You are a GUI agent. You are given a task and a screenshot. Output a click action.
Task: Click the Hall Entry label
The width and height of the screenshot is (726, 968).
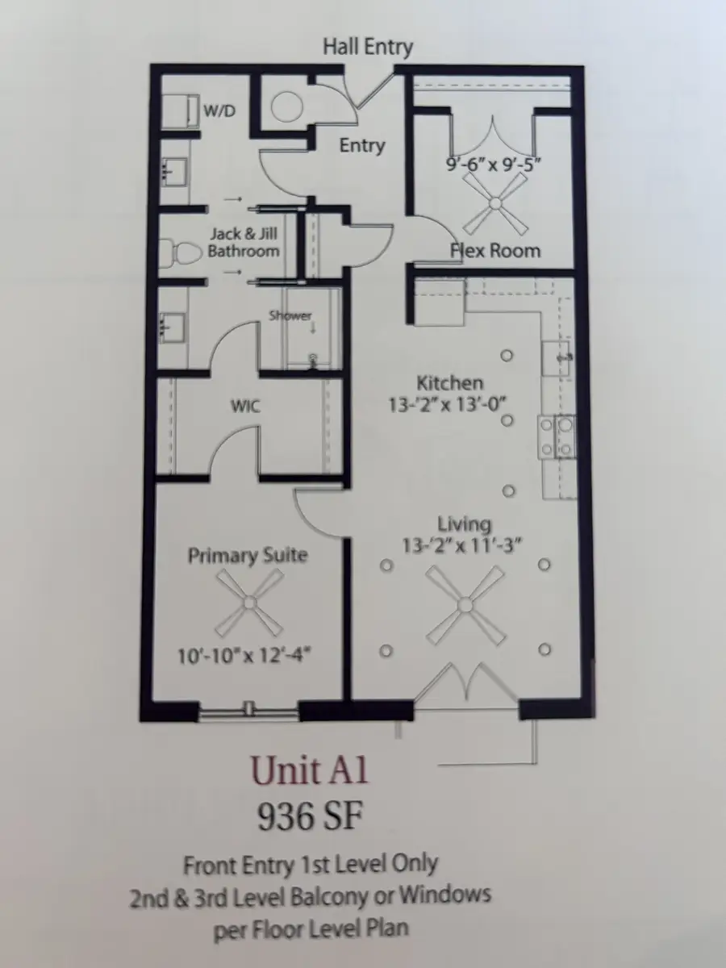coord(367,47)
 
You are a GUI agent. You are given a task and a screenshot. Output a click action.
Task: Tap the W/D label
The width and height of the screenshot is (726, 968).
coord(219,111)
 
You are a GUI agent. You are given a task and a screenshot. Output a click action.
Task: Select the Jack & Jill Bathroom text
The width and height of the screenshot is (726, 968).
coord(244,242)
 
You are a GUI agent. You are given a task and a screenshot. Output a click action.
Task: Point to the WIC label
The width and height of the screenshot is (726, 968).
coord(245,406)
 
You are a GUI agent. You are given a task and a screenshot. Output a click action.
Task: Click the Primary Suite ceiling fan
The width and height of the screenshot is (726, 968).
coord(251,601)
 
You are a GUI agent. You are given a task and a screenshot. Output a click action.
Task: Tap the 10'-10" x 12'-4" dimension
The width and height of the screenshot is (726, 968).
coord(245,655)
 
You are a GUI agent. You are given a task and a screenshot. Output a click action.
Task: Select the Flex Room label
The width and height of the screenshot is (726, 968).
coord(494,250)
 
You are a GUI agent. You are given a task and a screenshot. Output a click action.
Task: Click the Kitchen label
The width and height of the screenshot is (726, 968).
coord(449,383)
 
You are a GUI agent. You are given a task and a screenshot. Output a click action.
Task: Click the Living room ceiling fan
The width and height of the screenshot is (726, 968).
coord(465,605)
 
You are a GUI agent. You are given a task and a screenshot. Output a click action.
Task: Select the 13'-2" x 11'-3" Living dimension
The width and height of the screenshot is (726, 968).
coord(458,546)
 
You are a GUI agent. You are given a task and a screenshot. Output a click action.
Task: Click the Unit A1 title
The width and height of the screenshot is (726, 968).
coord(309,770)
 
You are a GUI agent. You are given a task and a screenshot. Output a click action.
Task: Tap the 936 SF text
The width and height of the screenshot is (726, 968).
coord(309,817)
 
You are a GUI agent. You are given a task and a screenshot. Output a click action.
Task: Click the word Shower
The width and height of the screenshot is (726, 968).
coord(290,315)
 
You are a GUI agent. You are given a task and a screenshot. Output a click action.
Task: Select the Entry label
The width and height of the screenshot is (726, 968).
coord(361,146)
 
